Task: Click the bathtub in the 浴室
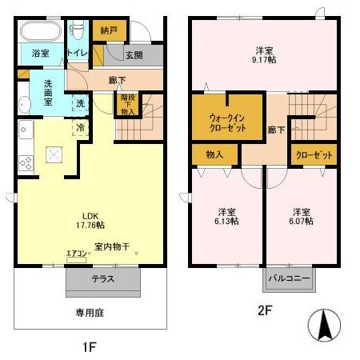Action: pyautogui.click(x=40, y=34)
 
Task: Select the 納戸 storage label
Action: pyautogui.click(x=109, y=30)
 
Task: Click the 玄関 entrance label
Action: pyautogui.click(x=134, y=54)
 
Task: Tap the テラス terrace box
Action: pyautogui.click(x=103, y=279)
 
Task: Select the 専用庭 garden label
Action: pyautogui.click(x=90, y=312)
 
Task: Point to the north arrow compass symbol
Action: pyautogui.click(x=325, y=326)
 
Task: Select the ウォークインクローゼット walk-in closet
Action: pyautogui.click(x=227, y=118)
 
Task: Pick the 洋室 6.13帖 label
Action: pyautogui.click(x=226, y=217)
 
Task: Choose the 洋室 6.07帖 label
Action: pyautogui.click(x=301, y=217)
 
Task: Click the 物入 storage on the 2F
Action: pyautogui.click(x=214, y=154)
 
